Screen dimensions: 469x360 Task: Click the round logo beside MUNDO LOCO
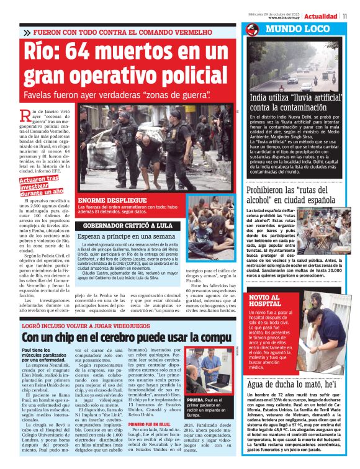tap(253, 30)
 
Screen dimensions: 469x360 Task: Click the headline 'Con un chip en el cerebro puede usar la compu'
tap(127, 337)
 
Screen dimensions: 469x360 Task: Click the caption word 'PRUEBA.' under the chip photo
tap(196, 401)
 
